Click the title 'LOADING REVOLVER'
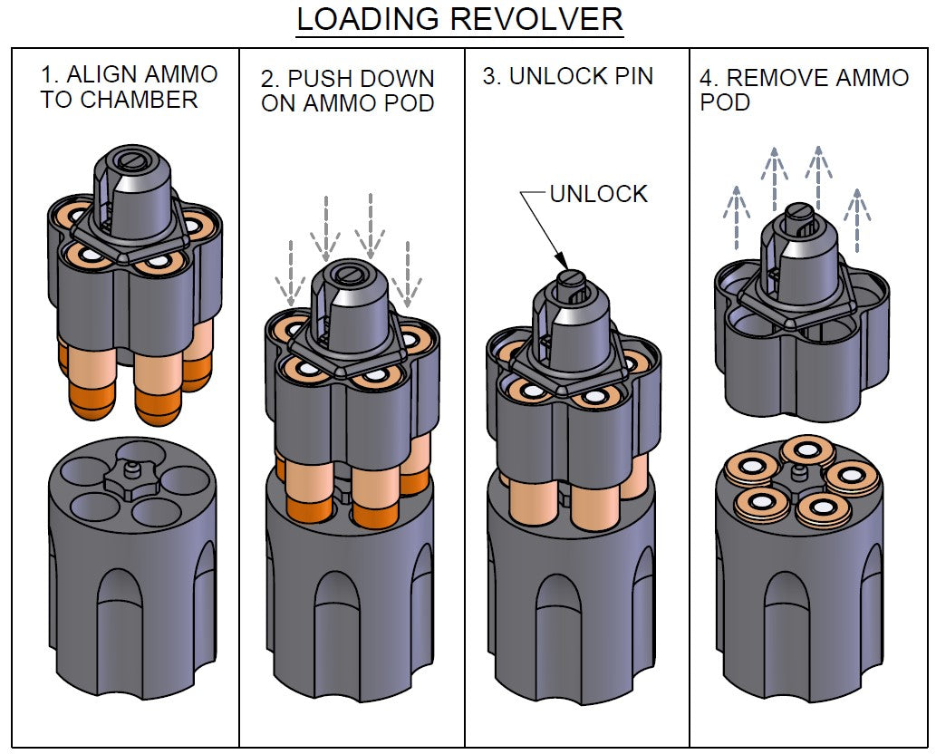tap(459, 20)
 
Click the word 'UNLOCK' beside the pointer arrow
tap(600, 193)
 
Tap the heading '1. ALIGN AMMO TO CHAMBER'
tap(130, 87)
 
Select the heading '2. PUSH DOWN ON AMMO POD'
tap(348, 91)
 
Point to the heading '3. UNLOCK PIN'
tap(567, 76)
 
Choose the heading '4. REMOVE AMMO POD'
tap(804, 90)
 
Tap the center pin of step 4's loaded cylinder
tap(798, 474)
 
